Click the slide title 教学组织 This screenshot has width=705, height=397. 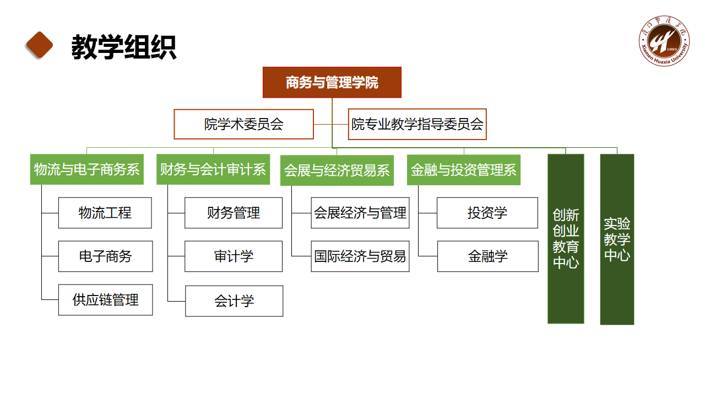tap(124, 47)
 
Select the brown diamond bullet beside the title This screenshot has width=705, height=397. tap(40, 45)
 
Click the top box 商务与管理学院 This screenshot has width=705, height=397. tap(332, 83)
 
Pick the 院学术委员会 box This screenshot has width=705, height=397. tap(243, 124)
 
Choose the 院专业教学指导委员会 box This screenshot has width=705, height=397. tap(417, 124)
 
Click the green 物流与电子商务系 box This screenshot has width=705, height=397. tap(86, 169)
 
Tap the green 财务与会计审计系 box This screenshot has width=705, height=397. tap(213, 169)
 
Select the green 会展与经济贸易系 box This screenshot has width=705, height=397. tap(337, 170)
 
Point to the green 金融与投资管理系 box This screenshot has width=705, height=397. tap(464, 169)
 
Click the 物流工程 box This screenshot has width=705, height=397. tap(105, 213)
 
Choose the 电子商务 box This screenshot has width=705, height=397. tap(105, 256)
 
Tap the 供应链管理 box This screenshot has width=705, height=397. tap(105, 300)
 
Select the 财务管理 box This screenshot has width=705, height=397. tap(234, 213)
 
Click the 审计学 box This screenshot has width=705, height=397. tap(234, 256)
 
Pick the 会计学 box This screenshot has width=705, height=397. tap(234, 301)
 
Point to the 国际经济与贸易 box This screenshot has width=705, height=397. tap(360, 256)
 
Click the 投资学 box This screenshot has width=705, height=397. tap(487, 213)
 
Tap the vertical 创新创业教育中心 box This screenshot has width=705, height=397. tap(566, 239)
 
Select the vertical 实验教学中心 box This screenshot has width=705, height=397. tap(617, 239)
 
